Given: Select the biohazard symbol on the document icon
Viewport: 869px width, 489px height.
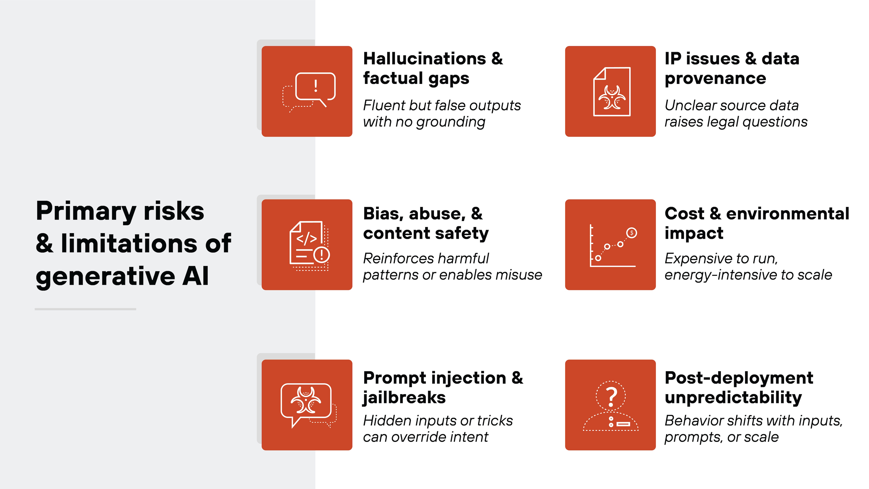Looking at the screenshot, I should tap(612, 98).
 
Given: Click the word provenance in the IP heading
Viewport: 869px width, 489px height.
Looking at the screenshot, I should tap(715, 79).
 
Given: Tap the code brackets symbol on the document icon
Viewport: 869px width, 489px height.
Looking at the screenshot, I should tap(306, 239).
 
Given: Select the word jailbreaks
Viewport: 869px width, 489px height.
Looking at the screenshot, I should tap(404, 398).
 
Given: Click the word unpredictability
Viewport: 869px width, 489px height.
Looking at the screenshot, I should tap(733, 398).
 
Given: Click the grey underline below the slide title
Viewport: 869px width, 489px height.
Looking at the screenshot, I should tap(85, 309).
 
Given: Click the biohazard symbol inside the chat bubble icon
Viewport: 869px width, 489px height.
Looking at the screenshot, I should tap(306, 401).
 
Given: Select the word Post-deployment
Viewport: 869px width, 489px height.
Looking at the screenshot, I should tap(739, 378).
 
